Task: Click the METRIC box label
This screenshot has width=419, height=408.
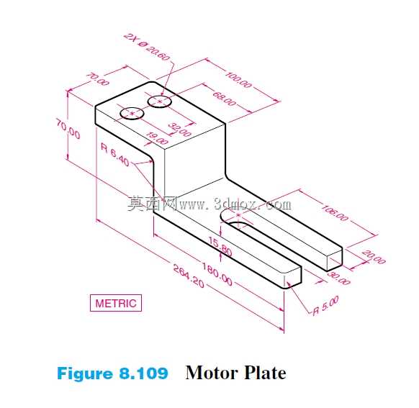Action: [116, 303]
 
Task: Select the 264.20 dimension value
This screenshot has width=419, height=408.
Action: [189, 276]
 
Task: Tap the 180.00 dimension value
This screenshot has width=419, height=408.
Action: [217, 274]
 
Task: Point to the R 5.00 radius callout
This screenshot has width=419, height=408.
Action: [325, 306]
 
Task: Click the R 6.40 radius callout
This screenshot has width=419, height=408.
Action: [115, 154]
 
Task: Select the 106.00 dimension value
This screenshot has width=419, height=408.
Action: [335, 213]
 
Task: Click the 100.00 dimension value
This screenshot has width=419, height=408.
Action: [238, 79]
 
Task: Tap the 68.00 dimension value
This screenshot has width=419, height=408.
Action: [225, 99]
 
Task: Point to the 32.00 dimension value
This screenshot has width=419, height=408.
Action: [180, 130]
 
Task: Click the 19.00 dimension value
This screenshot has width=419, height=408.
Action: [158, 138]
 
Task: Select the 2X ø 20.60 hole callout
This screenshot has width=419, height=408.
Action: [147, 47]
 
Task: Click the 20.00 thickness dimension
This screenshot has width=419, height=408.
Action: [374, 257]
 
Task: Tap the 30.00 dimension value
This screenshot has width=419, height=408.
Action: [338, 278]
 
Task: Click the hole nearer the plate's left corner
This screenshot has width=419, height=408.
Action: [132, 114]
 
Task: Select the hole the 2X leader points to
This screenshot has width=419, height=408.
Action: [160, 101]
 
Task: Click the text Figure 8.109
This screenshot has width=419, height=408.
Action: [112, 373]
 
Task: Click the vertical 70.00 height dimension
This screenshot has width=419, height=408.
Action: [68, 130]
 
